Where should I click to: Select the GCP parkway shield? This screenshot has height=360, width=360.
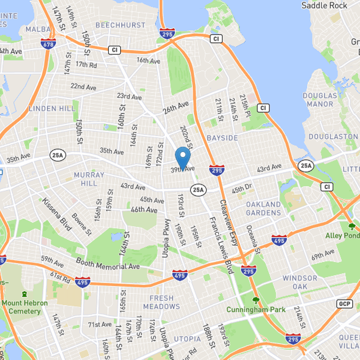point(344,304)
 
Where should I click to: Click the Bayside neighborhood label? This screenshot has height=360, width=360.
point(222,137)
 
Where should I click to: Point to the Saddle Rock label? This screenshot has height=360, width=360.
point(324,5)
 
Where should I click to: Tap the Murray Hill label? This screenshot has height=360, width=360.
point(85,179)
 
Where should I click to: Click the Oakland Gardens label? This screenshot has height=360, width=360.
point(263,208)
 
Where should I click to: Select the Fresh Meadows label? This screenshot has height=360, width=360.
point(162,302)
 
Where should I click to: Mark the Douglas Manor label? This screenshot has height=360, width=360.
point(319,100)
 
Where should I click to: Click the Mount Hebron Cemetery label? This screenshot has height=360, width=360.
point(24,307)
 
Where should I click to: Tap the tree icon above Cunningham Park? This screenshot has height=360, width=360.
point(256,300)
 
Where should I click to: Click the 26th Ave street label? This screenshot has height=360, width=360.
point(175,108)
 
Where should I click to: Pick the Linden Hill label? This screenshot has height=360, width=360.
point(49,108)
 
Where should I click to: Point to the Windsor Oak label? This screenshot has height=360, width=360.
point(300,282)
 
